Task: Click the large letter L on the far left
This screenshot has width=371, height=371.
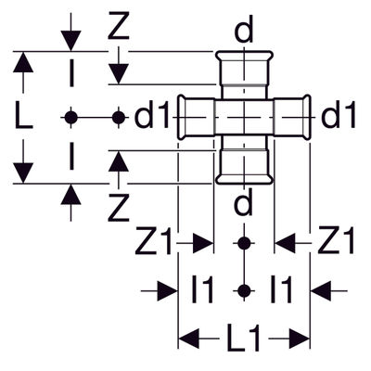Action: (x=23, y=117)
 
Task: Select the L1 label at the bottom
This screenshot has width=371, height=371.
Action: (x=244, y=339)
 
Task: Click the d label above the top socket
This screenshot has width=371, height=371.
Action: (x=244, y=30)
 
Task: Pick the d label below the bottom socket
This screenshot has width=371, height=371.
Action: (x=244, y=202)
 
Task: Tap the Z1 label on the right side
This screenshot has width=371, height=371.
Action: (x=336, y=241)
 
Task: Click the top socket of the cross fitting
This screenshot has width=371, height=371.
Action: (x=244, y=69)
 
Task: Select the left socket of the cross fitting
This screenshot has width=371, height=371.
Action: (x=197, y=118)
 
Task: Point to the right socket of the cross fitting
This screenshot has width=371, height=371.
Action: (x=292, y=118)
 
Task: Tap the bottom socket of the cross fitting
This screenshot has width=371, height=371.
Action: (x=244, y=166)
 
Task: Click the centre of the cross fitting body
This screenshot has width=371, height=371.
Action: (x=244, y=118)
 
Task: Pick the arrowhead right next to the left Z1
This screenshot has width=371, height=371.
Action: (x=203, y=244)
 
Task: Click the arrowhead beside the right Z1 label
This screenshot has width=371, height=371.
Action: (x=285, y=244)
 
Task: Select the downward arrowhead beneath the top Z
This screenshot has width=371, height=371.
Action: (x=118, y=73)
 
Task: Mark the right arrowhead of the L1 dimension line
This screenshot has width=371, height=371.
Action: (x=300, y=339)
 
